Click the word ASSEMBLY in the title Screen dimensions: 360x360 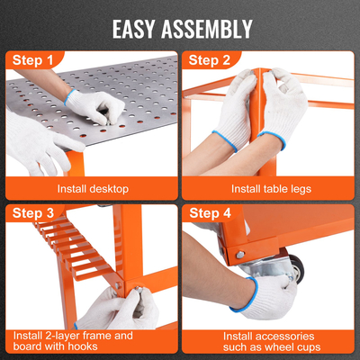click(x=207, y=29)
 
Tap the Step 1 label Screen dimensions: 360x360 click(x=32, y=60)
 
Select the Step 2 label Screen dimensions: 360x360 click(x=210, y=60)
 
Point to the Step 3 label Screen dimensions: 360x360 click(x=33, y=213)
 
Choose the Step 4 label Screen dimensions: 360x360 click(x=210, y=213)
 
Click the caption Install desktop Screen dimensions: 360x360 click(x=93, y=189)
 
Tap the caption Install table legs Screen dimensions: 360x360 click(x=271, y=189)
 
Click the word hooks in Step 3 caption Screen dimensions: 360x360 click(x=83, y=346)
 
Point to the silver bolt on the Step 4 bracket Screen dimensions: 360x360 click(x=240, y=255)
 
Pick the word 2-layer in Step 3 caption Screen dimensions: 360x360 click(x=63, y=336)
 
